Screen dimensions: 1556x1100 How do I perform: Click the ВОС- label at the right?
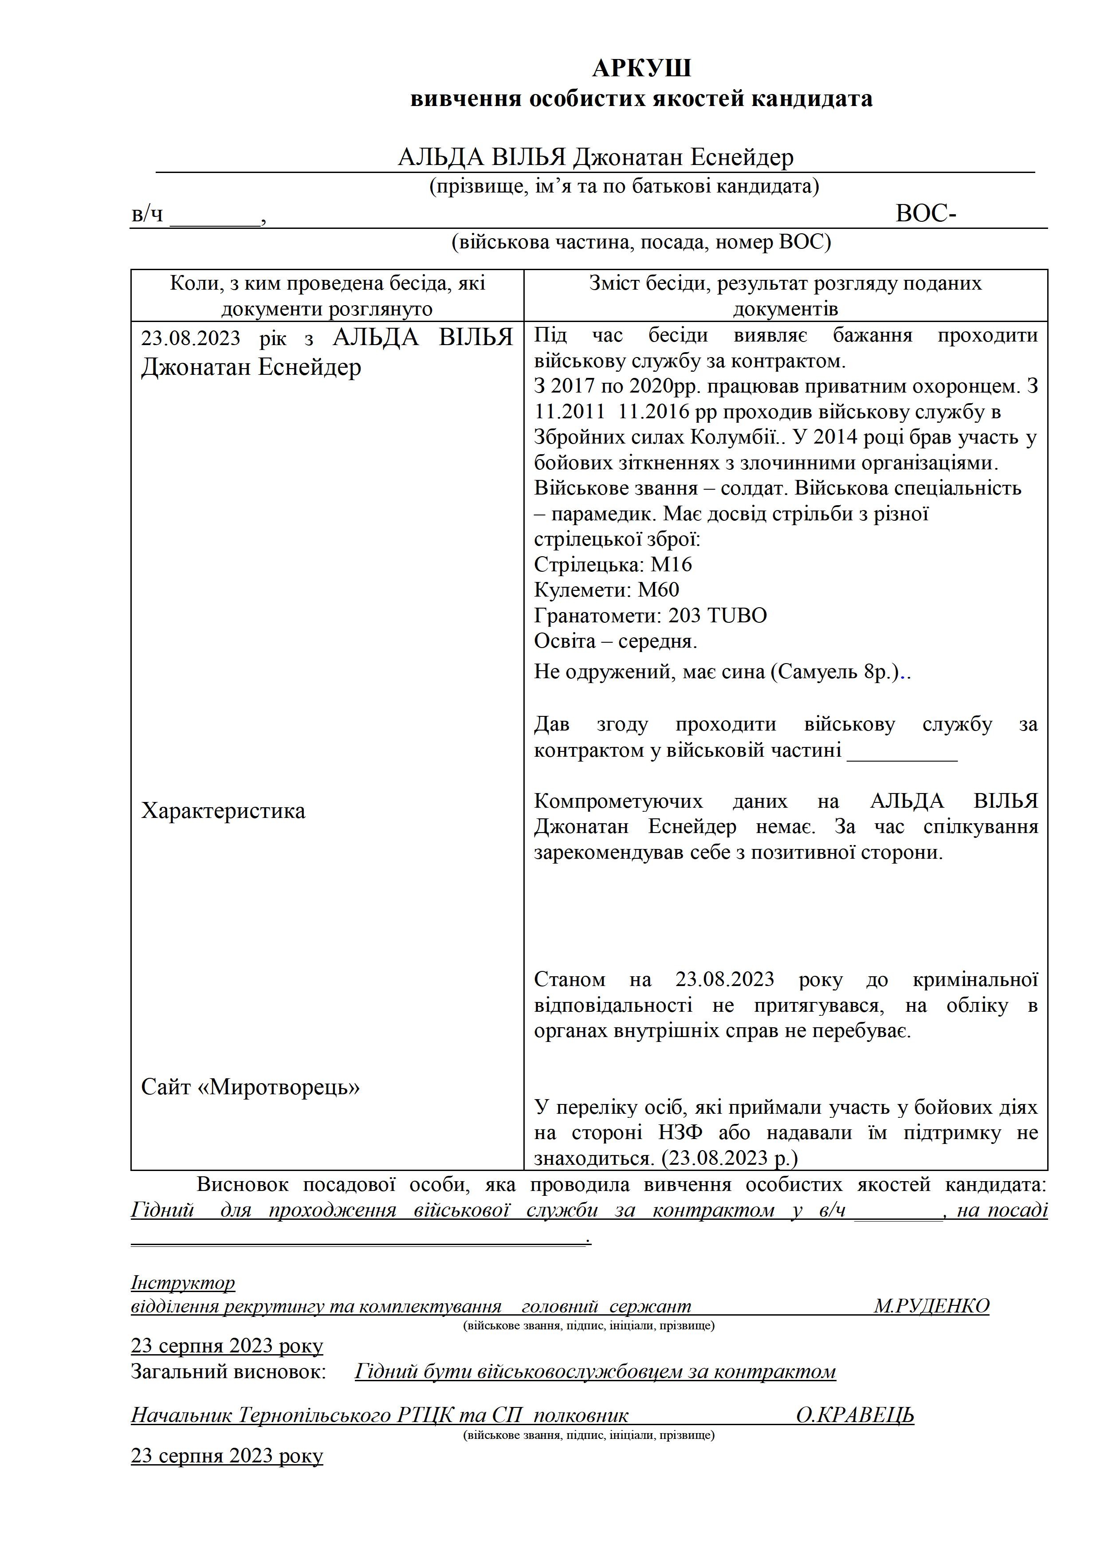click(925, 214)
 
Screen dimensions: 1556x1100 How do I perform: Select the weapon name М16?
click(671, 565)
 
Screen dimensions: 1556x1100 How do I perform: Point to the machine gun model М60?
click(658, 589)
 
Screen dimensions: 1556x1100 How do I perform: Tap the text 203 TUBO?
click(717, 615)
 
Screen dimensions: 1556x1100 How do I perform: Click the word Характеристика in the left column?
click(223, 811)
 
